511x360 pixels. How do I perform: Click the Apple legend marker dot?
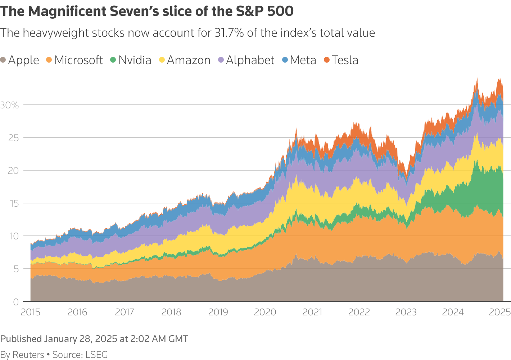pos(3,60)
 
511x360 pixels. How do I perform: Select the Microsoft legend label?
pos(78,60)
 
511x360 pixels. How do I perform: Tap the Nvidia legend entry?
pos(135,60)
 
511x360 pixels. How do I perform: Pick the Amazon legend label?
pos(189,60)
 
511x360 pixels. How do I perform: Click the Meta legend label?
pos(303,60)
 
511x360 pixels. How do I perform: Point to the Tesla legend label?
pos(345,60)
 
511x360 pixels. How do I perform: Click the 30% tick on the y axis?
pos(9,105)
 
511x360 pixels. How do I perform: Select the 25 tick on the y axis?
pos(13,138)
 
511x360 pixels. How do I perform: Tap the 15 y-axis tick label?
pos(13,203)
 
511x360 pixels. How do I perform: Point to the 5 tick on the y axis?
pos(16,269)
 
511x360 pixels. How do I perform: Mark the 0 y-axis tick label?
pos(16,302)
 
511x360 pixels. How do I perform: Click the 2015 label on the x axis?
pos(31,312)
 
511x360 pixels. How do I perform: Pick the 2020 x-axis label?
pos(265,312)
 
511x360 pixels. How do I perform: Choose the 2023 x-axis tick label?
pos(406,312)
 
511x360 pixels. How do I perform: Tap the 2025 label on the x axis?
pos(500,312)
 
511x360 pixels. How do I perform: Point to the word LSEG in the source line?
pos(96,355)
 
